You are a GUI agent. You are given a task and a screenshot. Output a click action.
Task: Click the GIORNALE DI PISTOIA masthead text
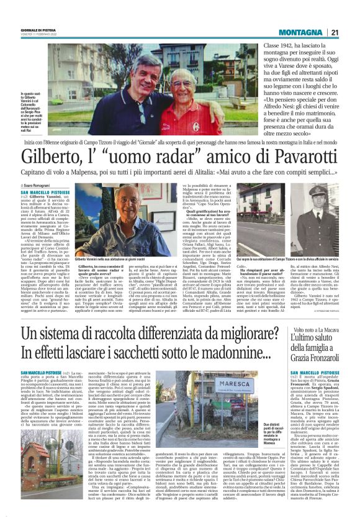pos(38,29)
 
